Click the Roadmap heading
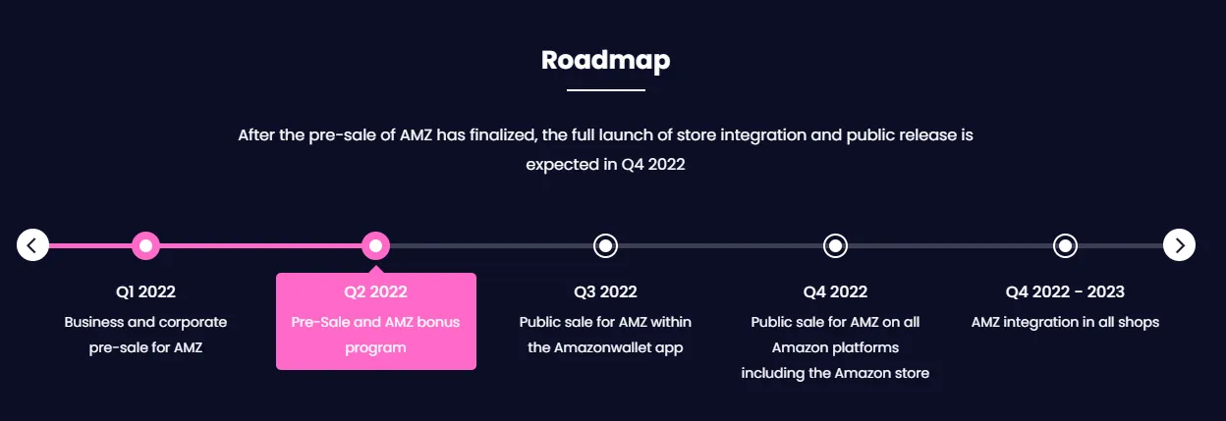(x=605, y=61)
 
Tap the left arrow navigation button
(x=32, y=245)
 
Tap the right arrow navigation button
(x=1179, y=245)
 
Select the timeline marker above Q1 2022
(x=145, y=246)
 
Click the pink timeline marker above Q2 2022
(x=375, y=246)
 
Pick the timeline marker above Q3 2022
(x=605, y=246)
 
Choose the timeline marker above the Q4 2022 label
(x=835, y=246)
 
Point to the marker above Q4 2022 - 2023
(x=1065, y=246)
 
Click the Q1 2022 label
(x=145, y=292)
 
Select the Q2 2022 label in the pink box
(x=375, y=292)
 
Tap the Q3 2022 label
(x=605, y=292)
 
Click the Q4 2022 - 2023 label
(x=1065, y=292)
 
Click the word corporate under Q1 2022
(x=193, y=323)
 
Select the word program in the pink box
(x=375, y=348)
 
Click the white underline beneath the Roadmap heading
(x=606, y=89)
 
